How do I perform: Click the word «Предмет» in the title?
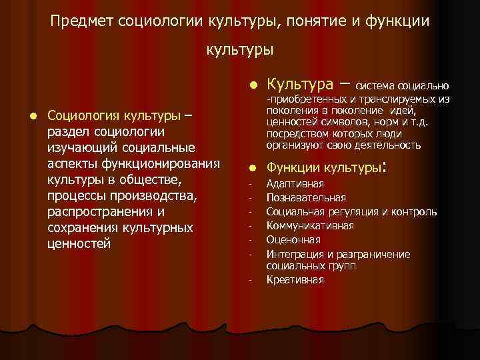click(x=81, y=21)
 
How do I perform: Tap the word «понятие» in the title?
click(x=305, y=21)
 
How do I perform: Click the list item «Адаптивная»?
click(x=295, y=184)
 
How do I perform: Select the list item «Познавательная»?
click(x=306, y=197)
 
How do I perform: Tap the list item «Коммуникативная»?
click(x=310, y=226)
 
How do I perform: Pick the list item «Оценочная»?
click(x=293, y=239)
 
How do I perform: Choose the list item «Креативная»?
click(x=295, y=280)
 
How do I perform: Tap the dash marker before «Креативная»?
click(x=248, y=281)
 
